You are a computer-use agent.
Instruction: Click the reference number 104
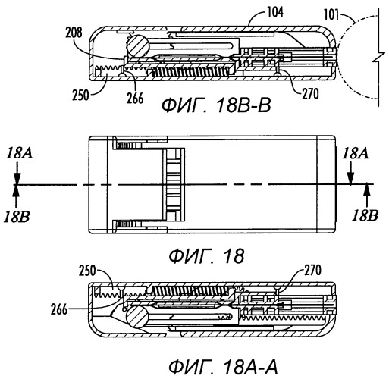pyautogui.click(x=275, y=12)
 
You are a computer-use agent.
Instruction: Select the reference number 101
pyautogui.click(x=331, y=14)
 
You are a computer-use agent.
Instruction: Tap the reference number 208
pyautogui.click(x=74, y=33)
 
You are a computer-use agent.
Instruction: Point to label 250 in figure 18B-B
pyautogui.click(x=80, y=96)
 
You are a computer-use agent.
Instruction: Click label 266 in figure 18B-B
pyautogui.click(x=135, y=98)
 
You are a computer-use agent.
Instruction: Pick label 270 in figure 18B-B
pyautogui.click(x=311, y=93)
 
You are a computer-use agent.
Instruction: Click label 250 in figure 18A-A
pyautogui.click(x=87, y=271)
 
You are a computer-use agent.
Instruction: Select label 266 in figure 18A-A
pyautogui.click(x=59, y=309)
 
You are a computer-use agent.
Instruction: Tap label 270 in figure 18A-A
pyautogui.click(x=312, y=270)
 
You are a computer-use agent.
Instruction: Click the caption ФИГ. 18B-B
pyautogui.click(x=216, y=105)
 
